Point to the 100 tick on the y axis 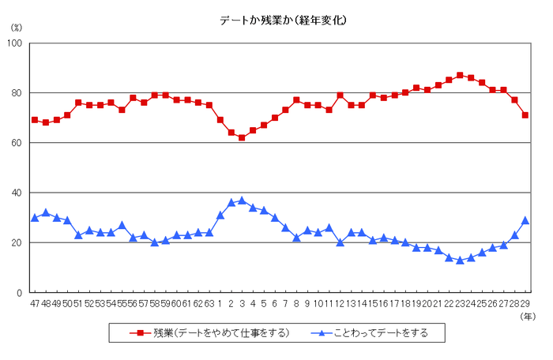[x=17, y=43]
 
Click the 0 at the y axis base [x=21, y=293]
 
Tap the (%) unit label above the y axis [x=17, y=28]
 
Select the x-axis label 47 [x=35, y=303]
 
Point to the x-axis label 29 [x=525, y=303]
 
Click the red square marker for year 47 [x=35, y=120]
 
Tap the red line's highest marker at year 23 [x=460, y=75]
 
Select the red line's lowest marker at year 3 [x=242, y=137]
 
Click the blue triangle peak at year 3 [x=242, y=200]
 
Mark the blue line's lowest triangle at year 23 [x=460, y=260]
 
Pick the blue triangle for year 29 [x=525, y=219]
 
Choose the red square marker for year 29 [x=525, y=115]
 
